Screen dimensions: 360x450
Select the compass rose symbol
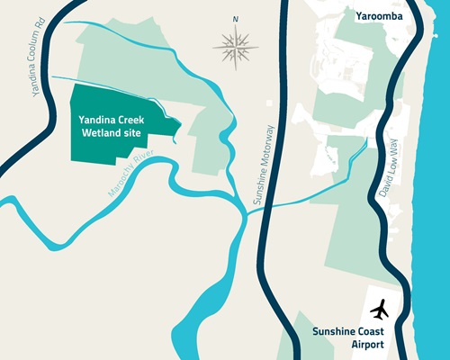point(236,44)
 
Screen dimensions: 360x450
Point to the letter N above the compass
point(236,18)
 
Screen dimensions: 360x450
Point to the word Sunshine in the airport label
point(335,331)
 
